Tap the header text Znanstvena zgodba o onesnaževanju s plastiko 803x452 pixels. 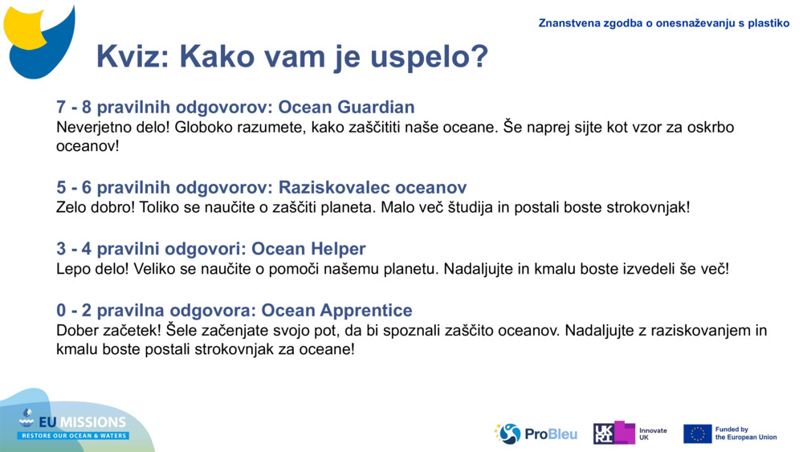663,23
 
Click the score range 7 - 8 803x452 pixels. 74,107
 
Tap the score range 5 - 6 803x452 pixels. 74,188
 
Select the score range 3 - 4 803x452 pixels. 74,249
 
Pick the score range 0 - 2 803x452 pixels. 74,310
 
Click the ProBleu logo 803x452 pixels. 536,434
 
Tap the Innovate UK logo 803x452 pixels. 630,434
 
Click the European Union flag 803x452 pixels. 697,434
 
